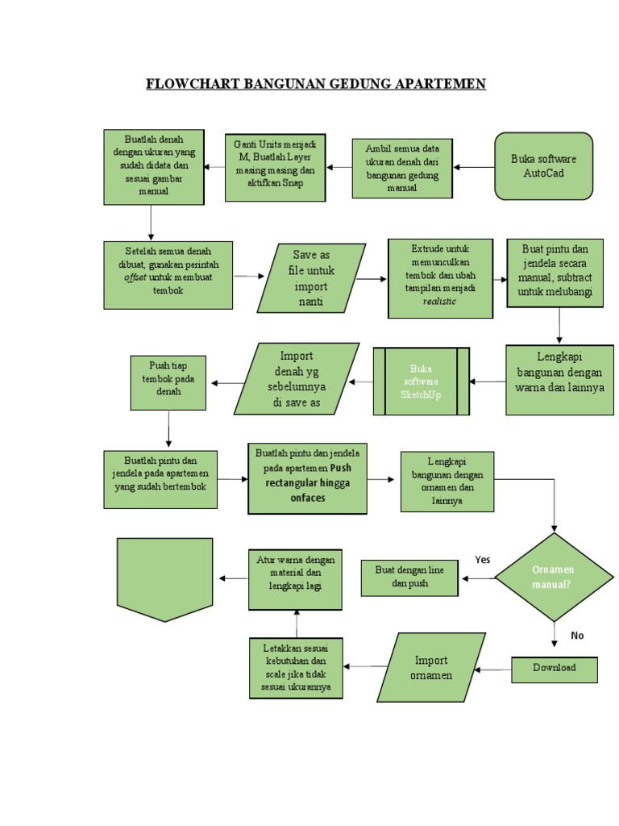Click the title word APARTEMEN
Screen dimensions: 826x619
(x=436, y=84)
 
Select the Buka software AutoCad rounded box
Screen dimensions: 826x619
(x=543, y=166)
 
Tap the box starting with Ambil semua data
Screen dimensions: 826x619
(x=401, y=168)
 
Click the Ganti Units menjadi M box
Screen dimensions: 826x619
(x=275, y=167)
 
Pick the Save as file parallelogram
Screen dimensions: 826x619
(x=311, y=278)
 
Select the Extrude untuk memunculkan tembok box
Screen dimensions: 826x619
(x=439, y=277)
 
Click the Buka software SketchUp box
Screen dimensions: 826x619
(x=421, y=382)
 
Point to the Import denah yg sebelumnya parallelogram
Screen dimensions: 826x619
(x=297, y=378)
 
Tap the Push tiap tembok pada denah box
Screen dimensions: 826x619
(x=169, y=383)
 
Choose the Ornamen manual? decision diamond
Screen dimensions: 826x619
(x=554, y=577)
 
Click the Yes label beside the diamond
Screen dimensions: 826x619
(x=483, y=559)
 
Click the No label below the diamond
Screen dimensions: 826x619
(x=577, y=636)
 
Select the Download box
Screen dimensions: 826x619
(x=555, y=669)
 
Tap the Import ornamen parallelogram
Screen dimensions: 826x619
(x=431, y=668)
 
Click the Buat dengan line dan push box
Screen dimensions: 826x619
(x=409, y=578)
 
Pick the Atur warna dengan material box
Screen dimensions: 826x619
(x=296, y=578)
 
